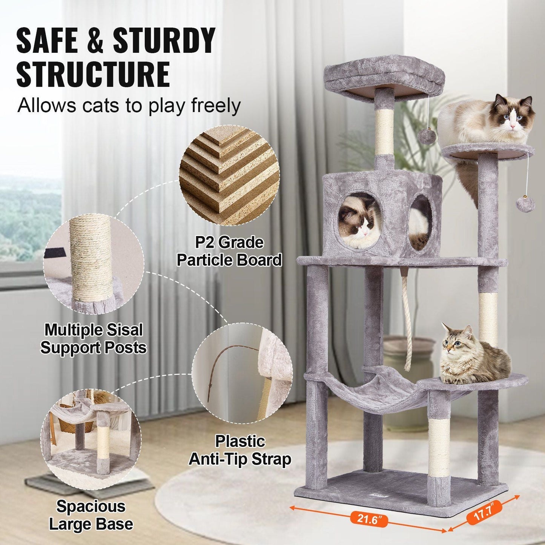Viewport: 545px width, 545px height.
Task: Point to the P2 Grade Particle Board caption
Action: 229,251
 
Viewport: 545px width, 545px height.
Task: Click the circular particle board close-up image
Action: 229,175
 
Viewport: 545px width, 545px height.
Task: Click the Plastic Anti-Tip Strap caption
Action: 240,450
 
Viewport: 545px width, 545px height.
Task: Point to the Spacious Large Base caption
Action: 91,515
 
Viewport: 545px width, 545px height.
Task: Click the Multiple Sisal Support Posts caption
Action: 94,339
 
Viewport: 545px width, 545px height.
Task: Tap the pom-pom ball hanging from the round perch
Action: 525,204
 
